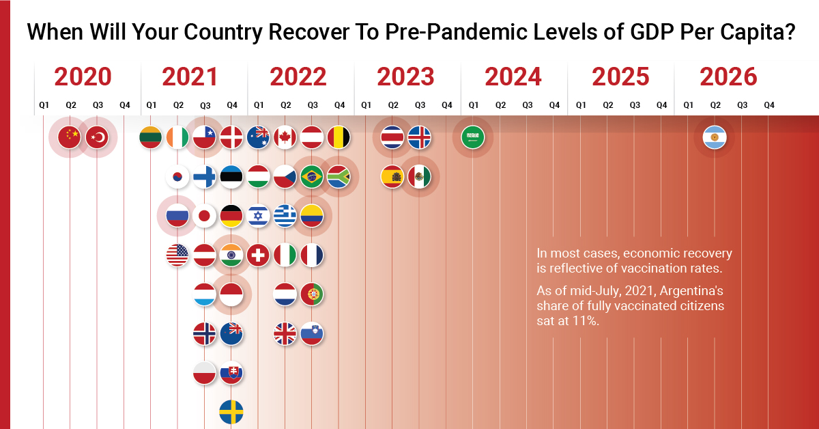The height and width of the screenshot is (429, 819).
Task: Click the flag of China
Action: tap(70, 138)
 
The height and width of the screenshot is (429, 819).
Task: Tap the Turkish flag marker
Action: tap(97, 138)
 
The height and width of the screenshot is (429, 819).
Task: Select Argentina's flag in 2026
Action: tap(715, 138)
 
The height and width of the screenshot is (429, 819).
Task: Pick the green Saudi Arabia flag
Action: tap(472, 138)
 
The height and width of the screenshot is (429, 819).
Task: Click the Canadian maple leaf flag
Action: tap(285, 138)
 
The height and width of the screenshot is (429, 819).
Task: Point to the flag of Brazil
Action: tap(312, 177)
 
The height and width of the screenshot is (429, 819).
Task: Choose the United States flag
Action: tap(178, 255)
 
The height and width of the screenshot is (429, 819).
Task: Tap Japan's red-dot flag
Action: tap(205, 217)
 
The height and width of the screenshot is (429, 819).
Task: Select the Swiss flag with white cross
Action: tap(259, 255)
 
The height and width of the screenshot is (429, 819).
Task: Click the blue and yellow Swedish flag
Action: tap(231, 412)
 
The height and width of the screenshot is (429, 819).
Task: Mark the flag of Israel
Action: tap(259, 217)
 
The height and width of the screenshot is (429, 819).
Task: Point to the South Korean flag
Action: tap(178, 177)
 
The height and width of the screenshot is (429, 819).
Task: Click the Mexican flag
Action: tap(419, 177)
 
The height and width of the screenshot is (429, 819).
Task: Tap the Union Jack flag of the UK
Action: tap(285, 333)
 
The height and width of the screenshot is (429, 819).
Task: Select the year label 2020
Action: tap(83, 77)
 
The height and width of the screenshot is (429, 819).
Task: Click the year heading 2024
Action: tap(513, 77)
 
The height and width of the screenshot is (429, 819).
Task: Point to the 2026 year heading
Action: tap(728, 77)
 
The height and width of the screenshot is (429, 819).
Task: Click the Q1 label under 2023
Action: tap(366, 105)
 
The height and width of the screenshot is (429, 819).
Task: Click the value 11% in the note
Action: tap(587, 321)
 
